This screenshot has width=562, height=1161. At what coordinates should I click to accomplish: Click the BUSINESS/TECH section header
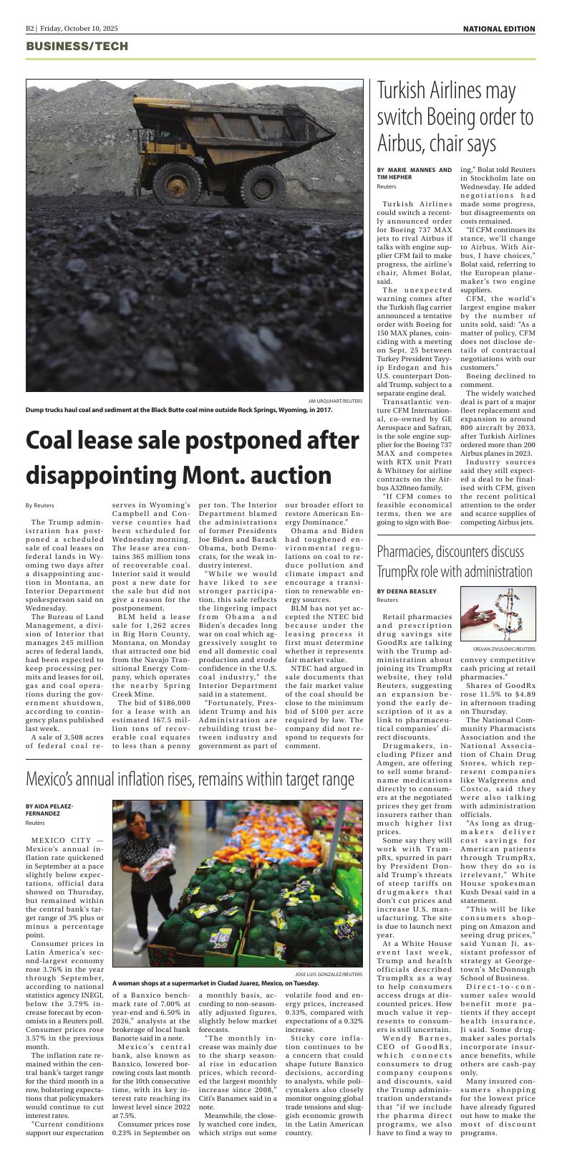click(x=77, y=47)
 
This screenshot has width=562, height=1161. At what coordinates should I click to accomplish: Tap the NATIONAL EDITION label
click(x=498, y=29)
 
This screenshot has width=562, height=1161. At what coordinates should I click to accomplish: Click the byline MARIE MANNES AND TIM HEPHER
click(x=414, y=174)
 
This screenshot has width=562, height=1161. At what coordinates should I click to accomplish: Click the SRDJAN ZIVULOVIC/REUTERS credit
click(x=505, y=649)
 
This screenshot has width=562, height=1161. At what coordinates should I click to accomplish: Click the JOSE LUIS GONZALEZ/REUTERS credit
click(x=328, y=975)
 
